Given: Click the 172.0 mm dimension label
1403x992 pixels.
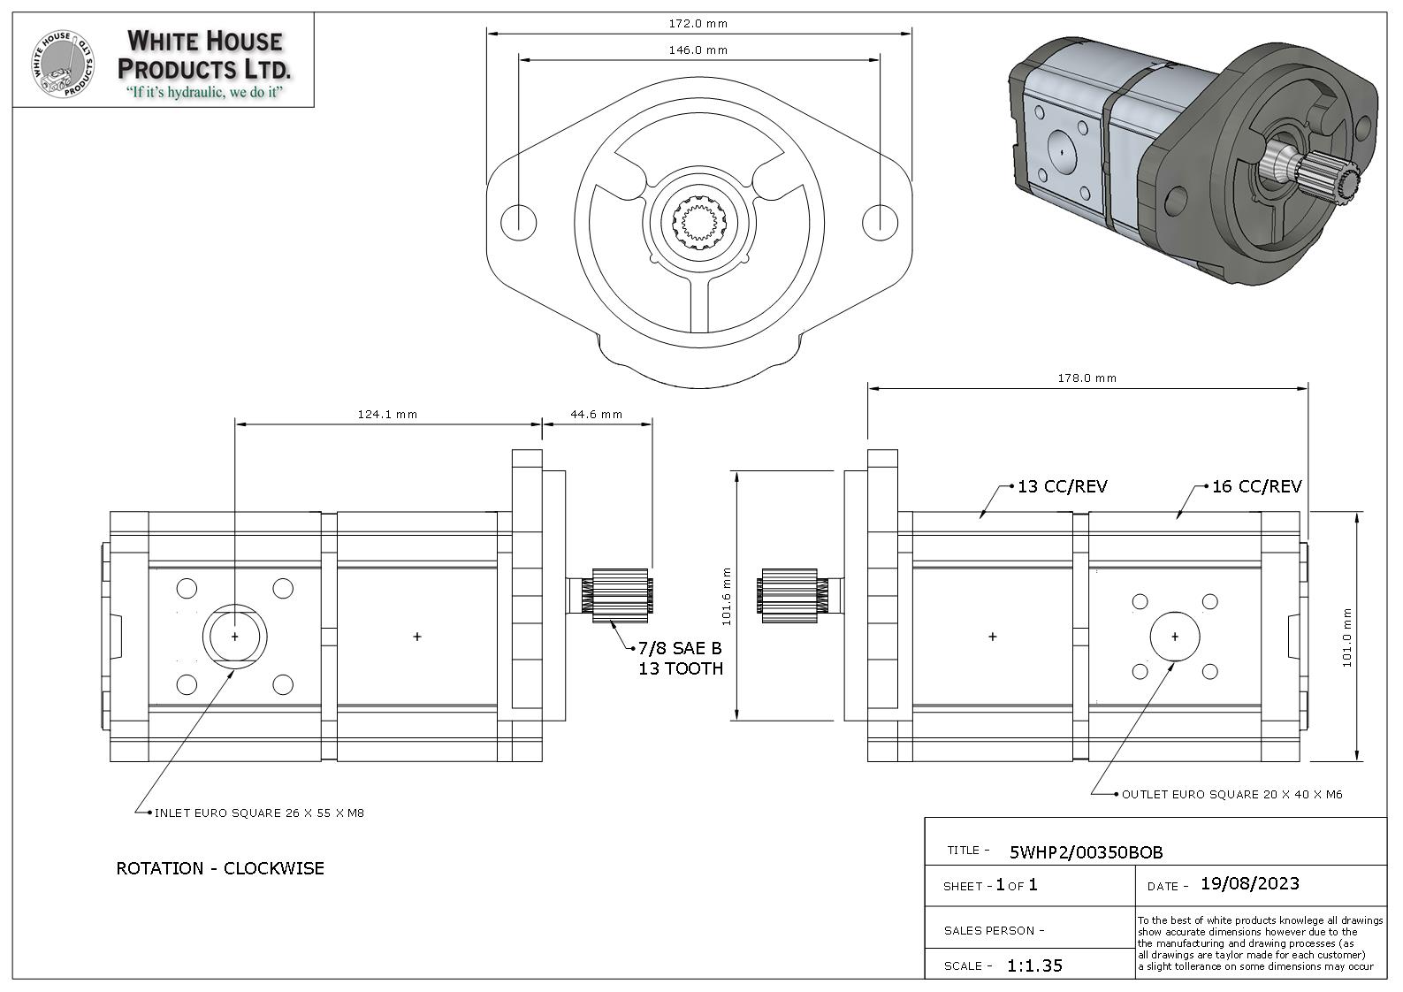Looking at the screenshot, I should [698, 24].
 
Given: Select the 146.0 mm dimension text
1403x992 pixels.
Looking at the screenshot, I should [698, 50].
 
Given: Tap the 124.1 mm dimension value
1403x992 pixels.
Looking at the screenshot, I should [387, 414].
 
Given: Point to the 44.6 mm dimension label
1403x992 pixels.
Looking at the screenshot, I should [596, 414].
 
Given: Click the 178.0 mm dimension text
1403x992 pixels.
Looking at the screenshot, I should [1087, 378].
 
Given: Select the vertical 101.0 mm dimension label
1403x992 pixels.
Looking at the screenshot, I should [1347, 637].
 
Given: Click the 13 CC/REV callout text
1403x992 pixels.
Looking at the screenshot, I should [1062, 486].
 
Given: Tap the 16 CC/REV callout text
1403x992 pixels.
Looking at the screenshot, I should [1256, 486].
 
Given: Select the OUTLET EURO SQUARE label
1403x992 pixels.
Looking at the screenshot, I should [1231, 795].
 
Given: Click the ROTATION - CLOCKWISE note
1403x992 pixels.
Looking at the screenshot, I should [220, 868].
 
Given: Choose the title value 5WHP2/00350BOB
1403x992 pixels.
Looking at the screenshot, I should [1086, 852].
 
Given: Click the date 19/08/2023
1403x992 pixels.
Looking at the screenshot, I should [1249, 884].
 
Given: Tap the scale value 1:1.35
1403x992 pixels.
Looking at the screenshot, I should [1034, 965].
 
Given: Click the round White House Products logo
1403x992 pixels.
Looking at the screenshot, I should [63, 64].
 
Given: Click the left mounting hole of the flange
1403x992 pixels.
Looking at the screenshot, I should [518, 221].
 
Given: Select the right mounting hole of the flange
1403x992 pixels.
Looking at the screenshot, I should [879, 221].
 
